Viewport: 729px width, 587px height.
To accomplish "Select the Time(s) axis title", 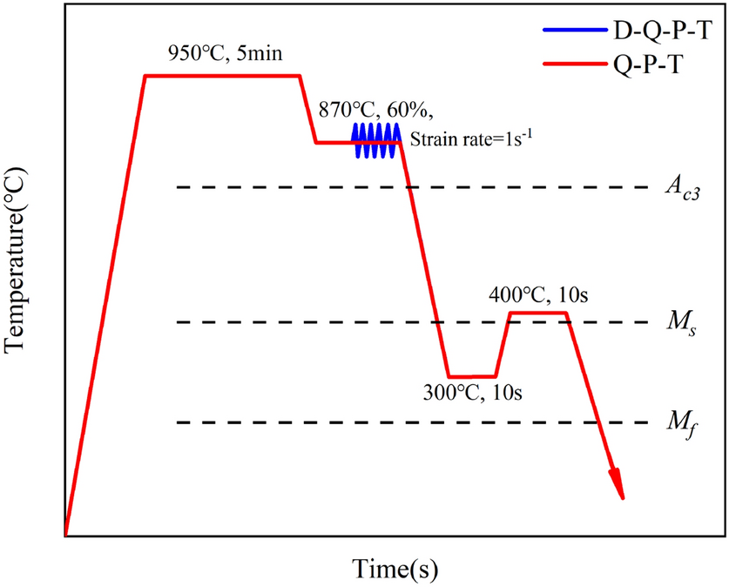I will click(395, 568).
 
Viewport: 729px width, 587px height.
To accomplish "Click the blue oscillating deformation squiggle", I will click(375, 140).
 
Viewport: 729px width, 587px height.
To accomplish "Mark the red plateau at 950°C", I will click(222, 76).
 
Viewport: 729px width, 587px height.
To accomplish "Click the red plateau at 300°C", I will click(472, 375).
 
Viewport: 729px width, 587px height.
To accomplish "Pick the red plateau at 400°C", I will click(538, 313).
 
